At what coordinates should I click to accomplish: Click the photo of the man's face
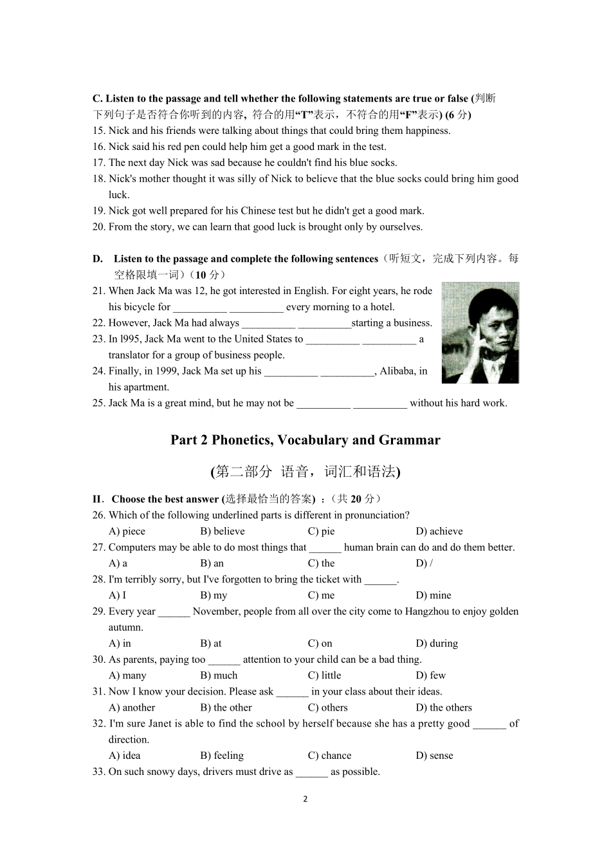480,332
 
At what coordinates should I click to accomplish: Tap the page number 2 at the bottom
305,799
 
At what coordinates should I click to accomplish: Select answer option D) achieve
439,531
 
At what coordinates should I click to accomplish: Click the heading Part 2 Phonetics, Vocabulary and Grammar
305,440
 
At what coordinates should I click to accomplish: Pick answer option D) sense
434,756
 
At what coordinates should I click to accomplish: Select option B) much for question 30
219,675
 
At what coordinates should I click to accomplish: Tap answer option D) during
437,643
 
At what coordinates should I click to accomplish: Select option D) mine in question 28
433,595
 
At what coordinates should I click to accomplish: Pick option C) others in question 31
327,707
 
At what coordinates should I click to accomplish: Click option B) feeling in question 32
222,756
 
